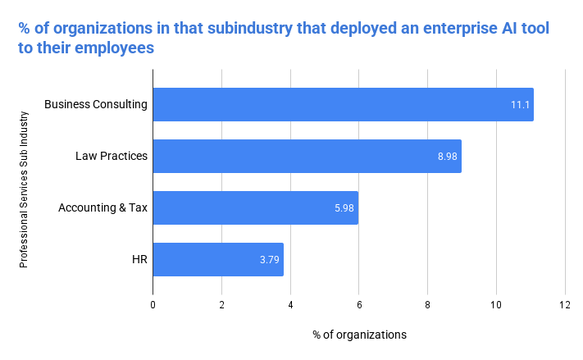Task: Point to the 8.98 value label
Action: [448, 157]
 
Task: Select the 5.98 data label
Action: [344, 208]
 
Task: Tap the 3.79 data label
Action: [270, 260]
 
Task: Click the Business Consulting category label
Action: [96, 104]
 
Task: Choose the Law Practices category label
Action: [112, 156]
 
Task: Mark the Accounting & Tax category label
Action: [102, 207]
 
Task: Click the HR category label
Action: [139, 259]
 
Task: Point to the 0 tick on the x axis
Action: [153, 304]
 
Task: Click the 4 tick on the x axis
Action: [290, 304]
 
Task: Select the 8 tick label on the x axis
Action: [427, 304]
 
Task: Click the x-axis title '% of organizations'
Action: [359, 335]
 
